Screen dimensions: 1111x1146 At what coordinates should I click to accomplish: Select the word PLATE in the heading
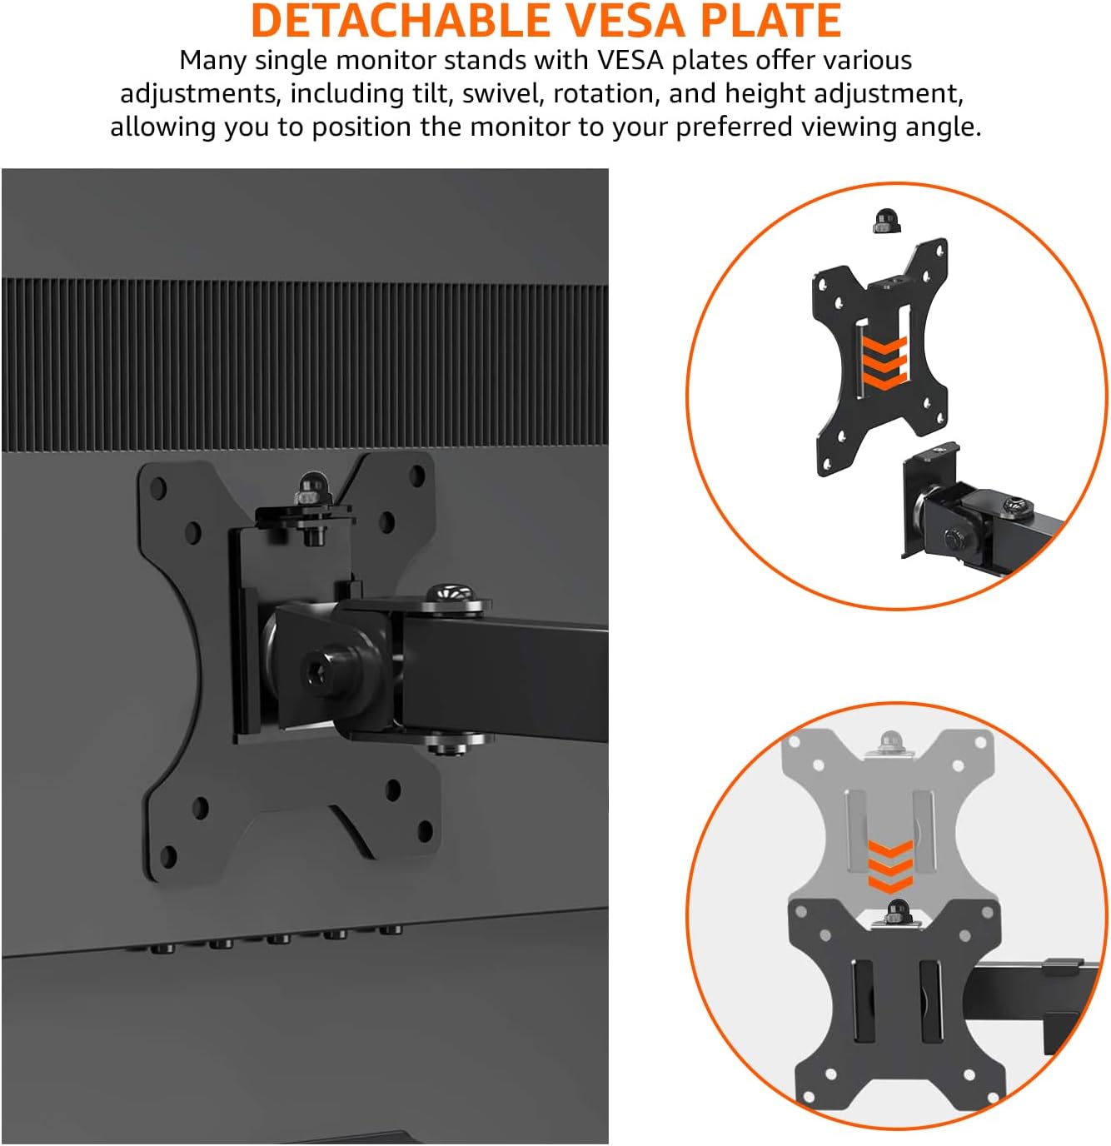coord(770,21)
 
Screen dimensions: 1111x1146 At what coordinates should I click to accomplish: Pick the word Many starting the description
coord(212,61)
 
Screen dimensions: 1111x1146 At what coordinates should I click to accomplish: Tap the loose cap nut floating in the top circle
coord(886,220)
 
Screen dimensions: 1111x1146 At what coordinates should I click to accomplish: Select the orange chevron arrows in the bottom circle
coord(890,866)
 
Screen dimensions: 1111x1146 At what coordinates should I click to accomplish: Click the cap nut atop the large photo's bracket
coord(312,487)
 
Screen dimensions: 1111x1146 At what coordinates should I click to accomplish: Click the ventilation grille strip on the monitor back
coord(305,365)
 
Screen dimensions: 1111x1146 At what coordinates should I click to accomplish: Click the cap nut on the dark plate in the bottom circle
coord(899,912)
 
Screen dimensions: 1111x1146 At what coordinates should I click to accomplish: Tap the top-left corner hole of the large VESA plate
coord(157,487)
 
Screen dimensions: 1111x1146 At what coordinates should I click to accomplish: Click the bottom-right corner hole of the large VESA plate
coord(425,832)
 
